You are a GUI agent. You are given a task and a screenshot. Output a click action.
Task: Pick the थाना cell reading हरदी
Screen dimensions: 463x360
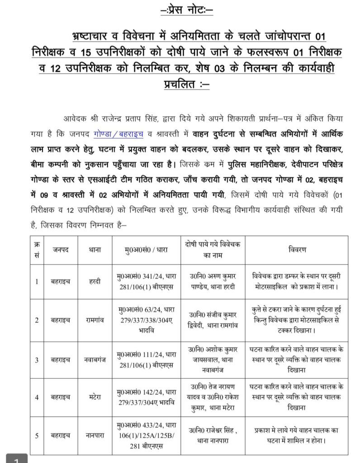94,281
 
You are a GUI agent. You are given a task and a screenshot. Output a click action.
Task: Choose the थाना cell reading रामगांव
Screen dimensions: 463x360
94,320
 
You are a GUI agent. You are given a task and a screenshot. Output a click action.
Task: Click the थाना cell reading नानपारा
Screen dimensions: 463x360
94,435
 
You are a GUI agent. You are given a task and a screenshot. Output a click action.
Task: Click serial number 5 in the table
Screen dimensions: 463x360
37,435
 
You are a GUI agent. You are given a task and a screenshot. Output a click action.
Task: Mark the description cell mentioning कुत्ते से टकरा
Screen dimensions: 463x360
296,320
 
